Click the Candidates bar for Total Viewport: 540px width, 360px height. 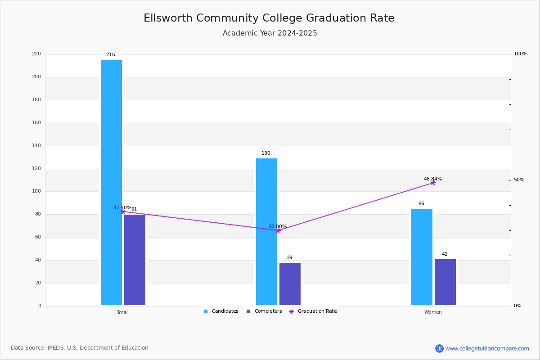click(x=112, y=183)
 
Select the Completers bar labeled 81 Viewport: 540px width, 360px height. click(x=135, y=260)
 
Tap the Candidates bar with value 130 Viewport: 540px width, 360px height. click(x=266, y=232)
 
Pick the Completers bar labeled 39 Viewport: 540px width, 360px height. click(x=290, y=284)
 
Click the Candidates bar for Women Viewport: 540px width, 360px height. click(x=422, y=257)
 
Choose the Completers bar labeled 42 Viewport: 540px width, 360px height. click(x=445, y=282)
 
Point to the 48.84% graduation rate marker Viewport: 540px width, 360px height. click(x=433, y=183)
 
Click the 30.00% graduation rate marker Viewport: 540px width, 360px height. click(x=278, y=231)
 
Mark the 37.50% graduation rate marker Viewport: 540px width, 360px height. click(x=123, y=211)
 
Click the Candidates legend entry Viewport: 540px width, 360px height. click(x=221, y=311)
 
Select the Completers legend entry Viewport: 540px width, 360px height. click(x=264, y=311)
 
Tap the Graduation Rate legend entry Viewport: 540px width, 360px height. click(x=313, y=311)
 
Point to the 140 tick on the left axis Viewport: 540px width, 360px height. click(x=36, y=145)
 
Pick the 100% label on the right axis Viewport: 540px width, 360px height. click(x=521, y=54)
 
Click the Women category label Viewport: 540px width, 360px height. click(x=433, y=312)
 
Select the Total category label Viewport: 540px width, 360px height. click(x=122, y=312)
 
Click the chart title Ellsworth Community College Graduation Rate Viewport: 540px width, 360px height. click(x=269, y=18)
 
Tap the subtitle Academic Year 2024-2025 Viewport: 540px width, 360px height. click(x=270, y=33)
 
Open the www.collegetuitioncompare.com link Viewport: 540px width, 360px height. click(x=487, y=348)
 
